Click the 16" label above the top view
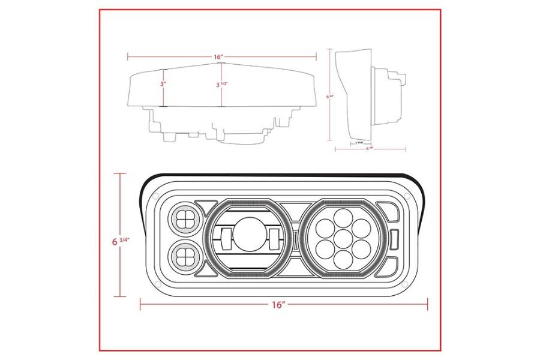point(218,57)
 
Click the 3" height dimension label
point(163,85)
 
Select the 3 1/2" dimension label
point(222,85)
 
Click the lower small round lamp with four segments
point(185,257)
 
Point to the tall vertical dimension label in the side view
point(329,95)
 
